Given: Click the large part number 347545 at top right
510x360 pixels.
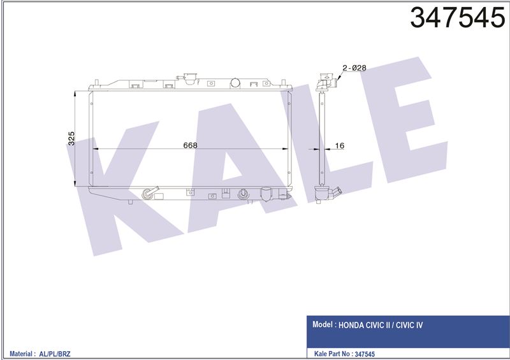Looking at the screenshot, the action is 458,17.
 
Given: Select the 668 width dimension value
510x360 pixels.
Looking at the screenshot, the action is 190,145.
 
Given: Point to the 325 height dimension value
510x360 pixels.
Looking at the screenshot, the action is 71,138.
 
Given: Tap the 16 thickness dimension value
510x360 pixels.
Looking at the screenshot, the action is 339,145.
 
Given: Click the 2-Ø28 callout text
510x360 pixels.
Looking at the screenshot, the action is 354,68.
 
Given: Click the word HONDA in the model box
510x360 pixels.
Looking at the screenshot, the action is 351,325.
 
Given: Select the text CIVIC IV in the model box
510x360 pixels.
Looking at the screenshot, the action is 409,325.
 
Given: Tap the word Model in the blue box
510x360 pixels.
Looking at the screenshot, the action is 323,324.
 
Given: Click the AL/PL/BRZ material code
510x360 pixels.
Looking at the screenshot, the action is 55,354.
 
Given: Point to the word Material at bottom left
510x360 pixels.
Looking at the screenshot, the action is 21,354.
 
